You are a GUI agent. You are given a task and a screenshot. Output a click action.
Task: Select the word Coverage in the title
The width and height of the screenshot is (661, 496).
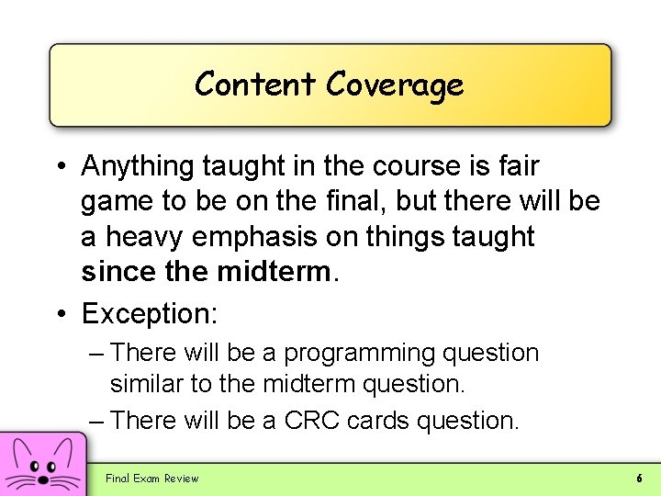395,85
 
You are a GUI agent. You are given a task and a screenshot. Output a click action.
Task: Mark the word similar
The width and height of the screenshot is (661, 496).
147,384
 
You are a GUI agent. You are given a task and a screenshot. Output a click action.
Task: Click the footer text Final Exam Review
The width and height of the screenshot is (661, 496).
151,478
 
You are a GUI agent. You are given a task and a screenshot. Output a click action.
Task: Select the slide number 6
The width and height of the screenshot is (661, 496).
639,478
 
